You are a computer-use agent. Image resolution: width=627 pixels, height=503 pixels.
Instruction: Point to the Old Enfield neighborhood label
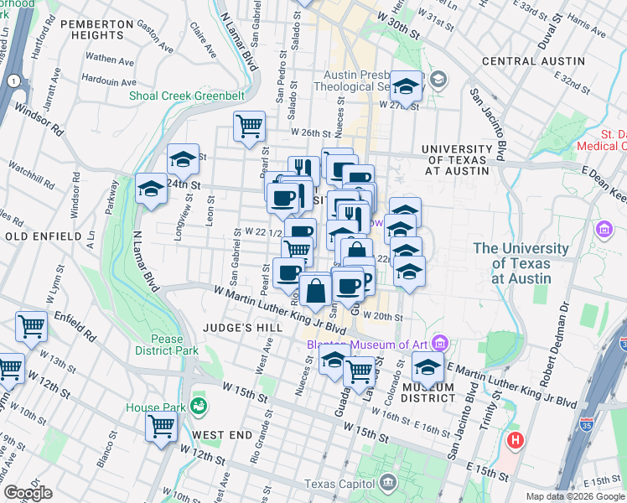[37, 237]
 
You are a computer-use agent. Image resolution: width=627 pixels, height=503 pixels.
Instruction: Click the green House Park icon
[199, 407]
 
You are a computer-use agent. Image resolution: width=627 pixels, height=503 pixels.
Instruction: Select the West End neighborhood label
[222, 436]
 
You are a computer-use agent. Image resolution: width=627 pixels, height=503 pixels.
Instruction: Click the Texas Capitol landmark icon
[387, 482]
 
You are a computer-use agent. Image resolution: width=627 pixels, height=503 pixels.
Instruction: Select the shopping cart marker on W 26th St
[249, 127]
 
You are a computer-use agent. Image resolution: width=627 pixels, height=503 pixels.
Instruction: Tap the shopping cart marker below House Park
[161, 426]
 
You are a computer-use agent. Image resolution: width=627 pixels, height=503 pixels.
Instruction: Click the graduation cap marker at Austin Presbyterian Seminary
[406, 88]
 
